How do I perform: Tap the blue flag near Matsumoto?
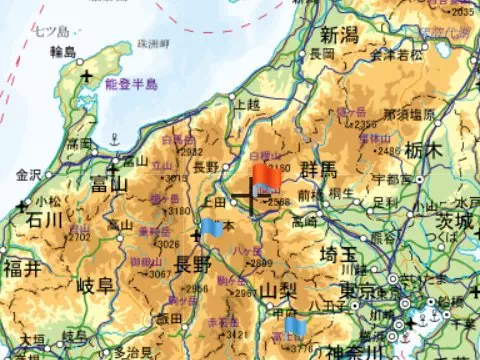click(x=211, y=228)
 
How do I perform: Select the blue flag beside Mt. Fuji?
click(x=295, y=326)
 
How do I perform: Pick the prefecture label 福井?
click(x=22, y=268)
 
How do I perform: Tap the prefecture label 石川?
click(x=44, y=220)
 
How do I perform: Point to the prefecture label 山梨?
click(x=281, y=291)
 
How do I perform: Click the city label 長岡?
click(x=321, y=52)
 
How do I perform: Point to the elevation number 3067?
click(x=156, y=273)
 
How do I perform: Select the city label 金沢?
click(x=29, y=174)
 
